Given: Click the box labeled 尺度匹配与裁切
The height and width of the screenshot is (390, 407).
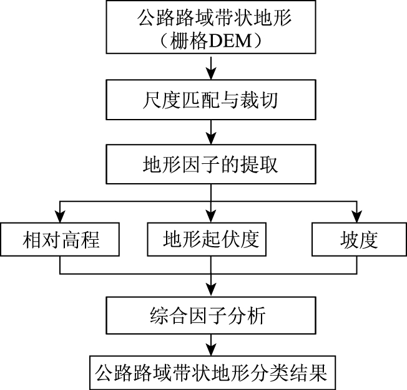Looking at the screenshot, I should tap(210, 101).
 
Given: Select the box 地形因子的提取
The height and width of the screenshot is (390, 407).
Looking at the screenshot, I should tap(210, 166).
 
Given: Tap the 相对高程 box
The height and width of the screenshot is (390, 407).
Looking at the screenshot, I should tap(61, 239).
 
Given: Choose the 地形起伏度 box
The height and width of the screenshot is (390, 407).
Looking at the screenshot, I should tap(210, 239).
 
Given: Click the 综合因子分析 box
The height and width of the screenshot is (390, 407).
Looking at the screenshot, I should tap(210, 316).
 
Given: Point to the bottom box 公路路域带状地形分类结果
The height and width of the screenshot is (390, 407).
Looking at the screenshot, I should tap(210, 373).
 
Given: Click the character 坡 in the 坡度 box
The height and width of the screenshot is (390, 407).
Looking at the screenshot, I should tap(349, 239).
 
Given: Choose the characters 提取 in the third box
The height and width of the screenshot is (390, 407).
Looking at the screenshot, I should tap(262, 166).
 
